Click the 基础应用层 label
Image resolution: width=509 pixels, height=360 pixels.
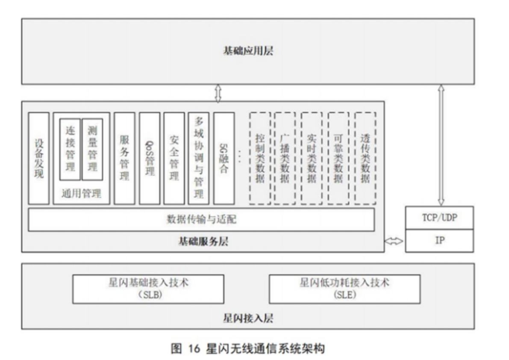tap(248, 51)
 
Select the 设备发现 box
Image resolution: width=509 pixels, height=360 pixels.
tap(39, 159)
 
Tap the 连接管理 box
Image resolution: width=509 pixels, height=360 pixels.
tap(70, 149)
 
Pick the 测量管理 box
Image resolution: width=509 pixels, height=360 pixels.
tap(92, 149)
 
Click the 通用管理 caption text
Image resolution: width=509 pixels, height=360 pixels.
tap(82, 194)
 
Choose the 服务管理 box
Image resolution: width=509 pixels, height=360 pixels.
tap(124, 159)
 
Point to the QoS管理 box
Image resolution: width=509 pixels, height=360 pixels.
tap(150, 159)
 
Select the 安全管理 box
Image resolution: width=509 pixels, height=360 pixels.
tap(174, 159)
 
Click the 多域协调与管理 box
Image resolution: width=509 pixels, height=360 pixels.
tap(199, 159)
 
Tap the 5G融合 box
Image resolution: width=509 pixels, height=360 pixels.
tap(224, 159)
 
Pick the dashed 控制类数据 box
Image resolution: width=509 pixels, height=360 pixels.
tap(260, 159)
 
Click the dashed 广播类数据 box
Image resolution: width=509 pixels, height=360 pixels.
tap(285, 159)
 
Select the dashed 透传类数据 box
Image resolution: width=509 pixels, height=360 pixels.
tap(365, 159)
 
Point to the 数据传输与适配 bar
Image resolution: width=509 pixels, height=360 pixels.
tap(201, 220)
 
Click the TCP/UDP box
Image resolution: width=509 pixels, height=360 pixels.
tap(439, 218)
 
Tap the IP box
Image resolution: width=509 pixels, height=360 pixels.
tap(439, 241)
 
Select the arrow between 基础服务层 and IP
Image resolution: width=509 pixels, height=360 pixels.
tap(394, 241)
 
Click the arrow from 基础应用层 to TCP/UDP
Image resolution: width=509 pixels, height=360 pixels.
tap(441, 145)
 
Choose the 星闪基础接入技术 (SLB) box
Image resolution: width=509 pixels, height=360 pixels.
tap(148, 289)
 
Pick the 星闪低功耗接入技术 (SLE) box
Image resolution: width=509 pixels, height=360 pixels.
tap(345, 289)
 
